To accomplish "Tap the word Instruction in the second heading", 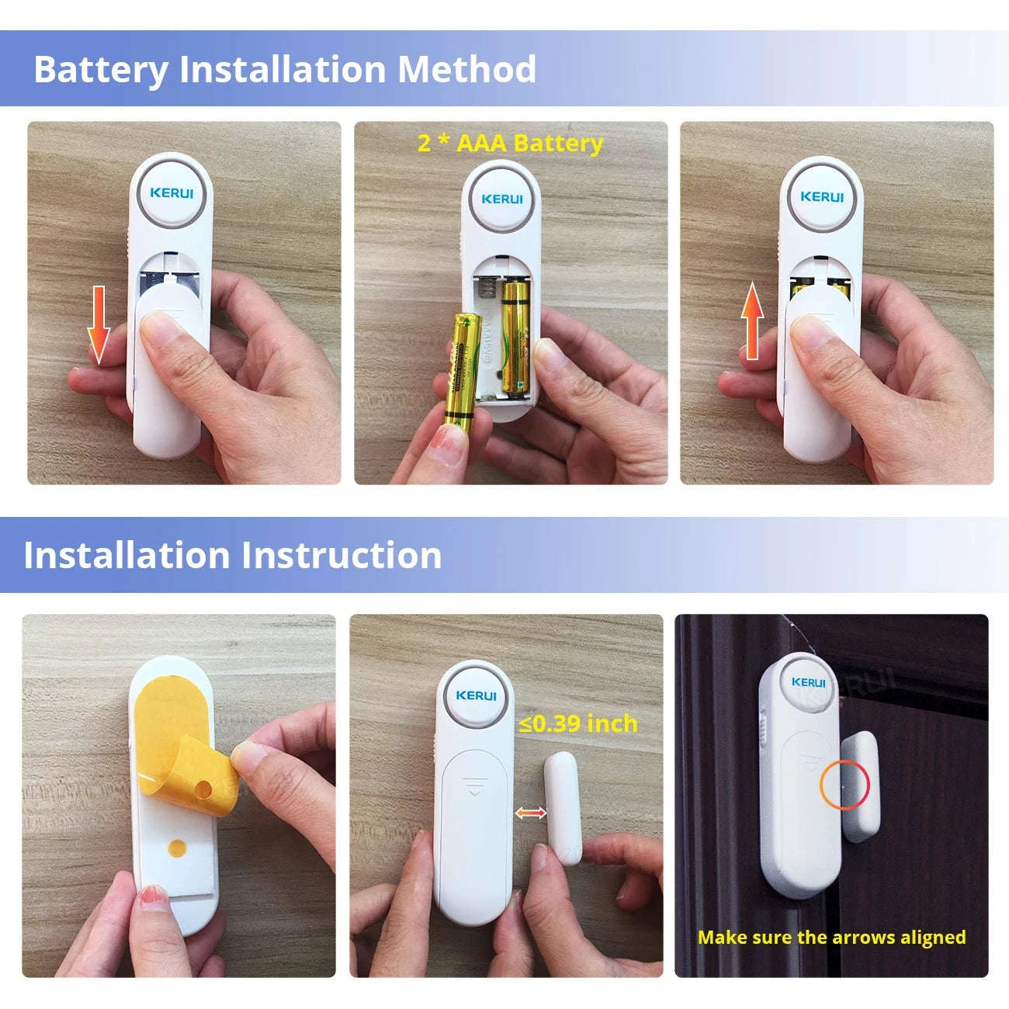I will [x=341, y=556].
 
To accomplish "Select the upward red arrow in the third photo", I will [x=752, y=321].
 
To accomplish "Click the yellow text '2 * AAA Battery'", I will [x=510, y=144].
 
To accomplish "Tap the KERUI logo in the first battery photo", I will [x=172, y=192].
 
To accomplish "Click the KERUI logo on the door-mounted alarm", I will [x=808, y=682].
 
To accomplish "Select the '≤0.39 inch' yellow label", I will [x=578, y=723].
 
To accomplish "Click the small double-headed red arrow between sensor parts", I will [x=532, y=813].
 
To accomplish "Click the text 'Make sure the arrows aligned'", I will [x=831, y=938].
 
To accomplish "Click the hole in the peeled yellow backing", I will [x=203, y=790].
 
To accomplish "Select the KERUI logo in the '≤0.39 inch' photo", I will [x=476, y=695].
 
